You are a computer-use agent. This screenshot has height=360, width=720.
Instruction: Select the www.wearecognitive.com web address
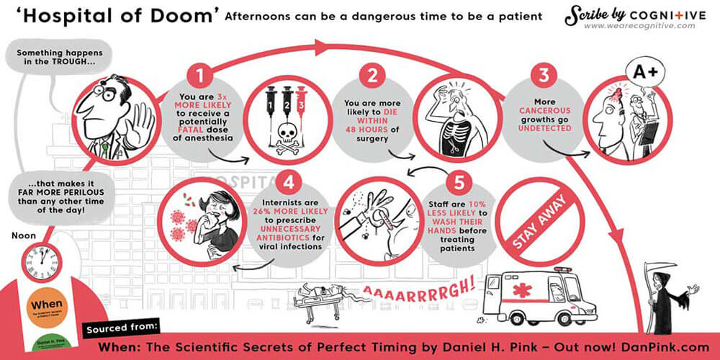639,26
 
